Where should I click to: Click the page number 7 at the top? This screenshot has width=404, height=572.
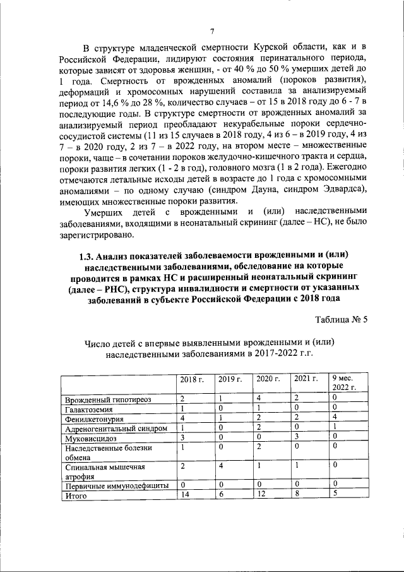click(x=213, y=31)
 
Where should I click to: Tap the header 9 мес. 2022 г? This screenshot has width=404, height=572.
click(x=345, y=382)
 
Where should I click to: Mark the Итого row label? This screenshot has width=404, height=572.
click(x=76, y=496)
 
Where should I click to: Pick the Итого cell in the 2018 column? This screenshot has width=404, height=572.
click(x=184, y=495)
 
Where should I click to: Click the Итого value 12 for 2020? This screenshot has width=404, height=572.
click(x=261, y=495)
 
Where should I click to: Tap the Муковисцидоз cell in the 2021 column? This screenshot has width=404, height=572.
click(x=296, y=437)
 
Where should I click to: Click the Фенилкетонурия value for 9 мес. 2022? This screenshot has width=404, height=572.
click(x=335, y=418)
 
